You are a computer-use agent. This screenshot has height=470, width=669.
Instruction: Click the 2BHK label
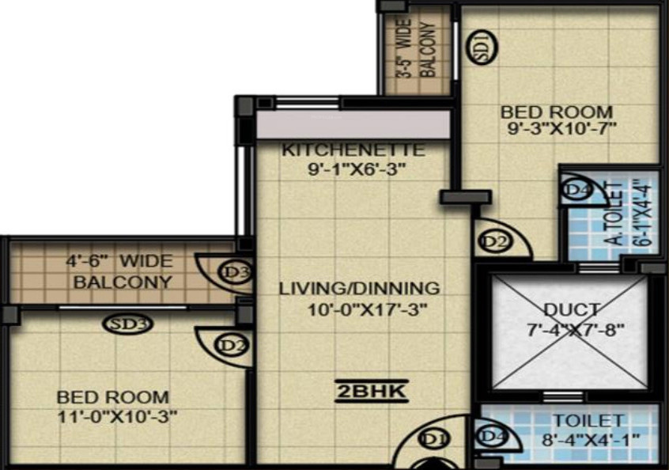(x=369, y=391)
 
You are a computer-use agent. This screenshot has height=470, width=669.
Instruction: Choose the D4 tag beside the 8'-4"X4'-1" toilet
(x=492, y=436)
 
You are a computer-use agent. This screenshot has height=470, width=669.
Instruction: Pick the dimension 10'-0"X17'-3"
(x=367, y=309)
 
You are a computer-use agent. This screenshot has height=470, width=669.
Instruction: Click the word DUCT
(x=571, y=309)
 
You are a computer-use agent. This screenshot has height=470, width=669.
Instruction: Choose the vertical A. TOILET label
(x=610, y=214)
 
